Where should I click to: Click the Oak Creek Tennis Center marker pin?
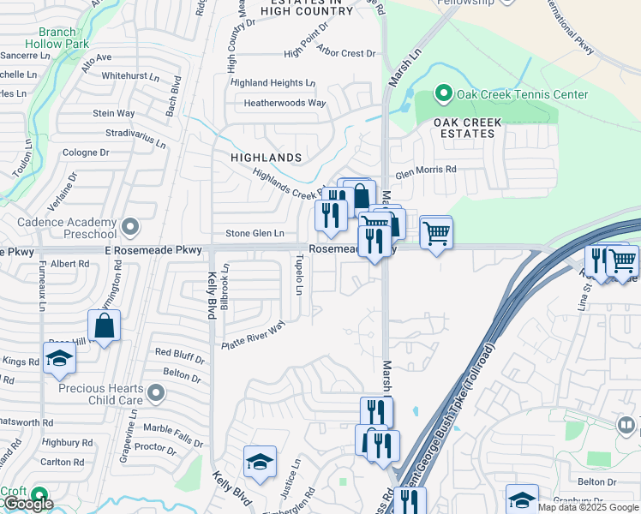point(444,93)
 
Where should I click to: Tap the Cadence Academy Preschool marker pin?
point(130,227)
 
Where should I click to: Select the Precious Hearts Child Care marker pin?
point(155,393)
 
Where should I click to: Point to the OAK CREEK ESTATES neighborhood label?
point(467,128)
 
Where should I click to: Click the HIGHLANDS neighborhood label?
point(266,158)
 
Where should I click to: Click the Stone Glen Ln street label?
point(255,233)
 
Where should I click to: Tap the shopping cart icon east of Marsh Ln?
point(436,231)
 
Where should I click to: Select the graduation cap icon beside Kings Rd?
point(59,359)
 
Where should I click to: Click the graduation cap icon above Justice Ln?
point(260,463)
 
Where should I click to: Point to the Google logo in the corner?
point(28,505)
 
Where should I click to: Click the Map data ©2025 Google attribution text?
point(588,507)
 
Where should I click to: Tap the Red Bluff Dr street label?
point(178,352)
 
